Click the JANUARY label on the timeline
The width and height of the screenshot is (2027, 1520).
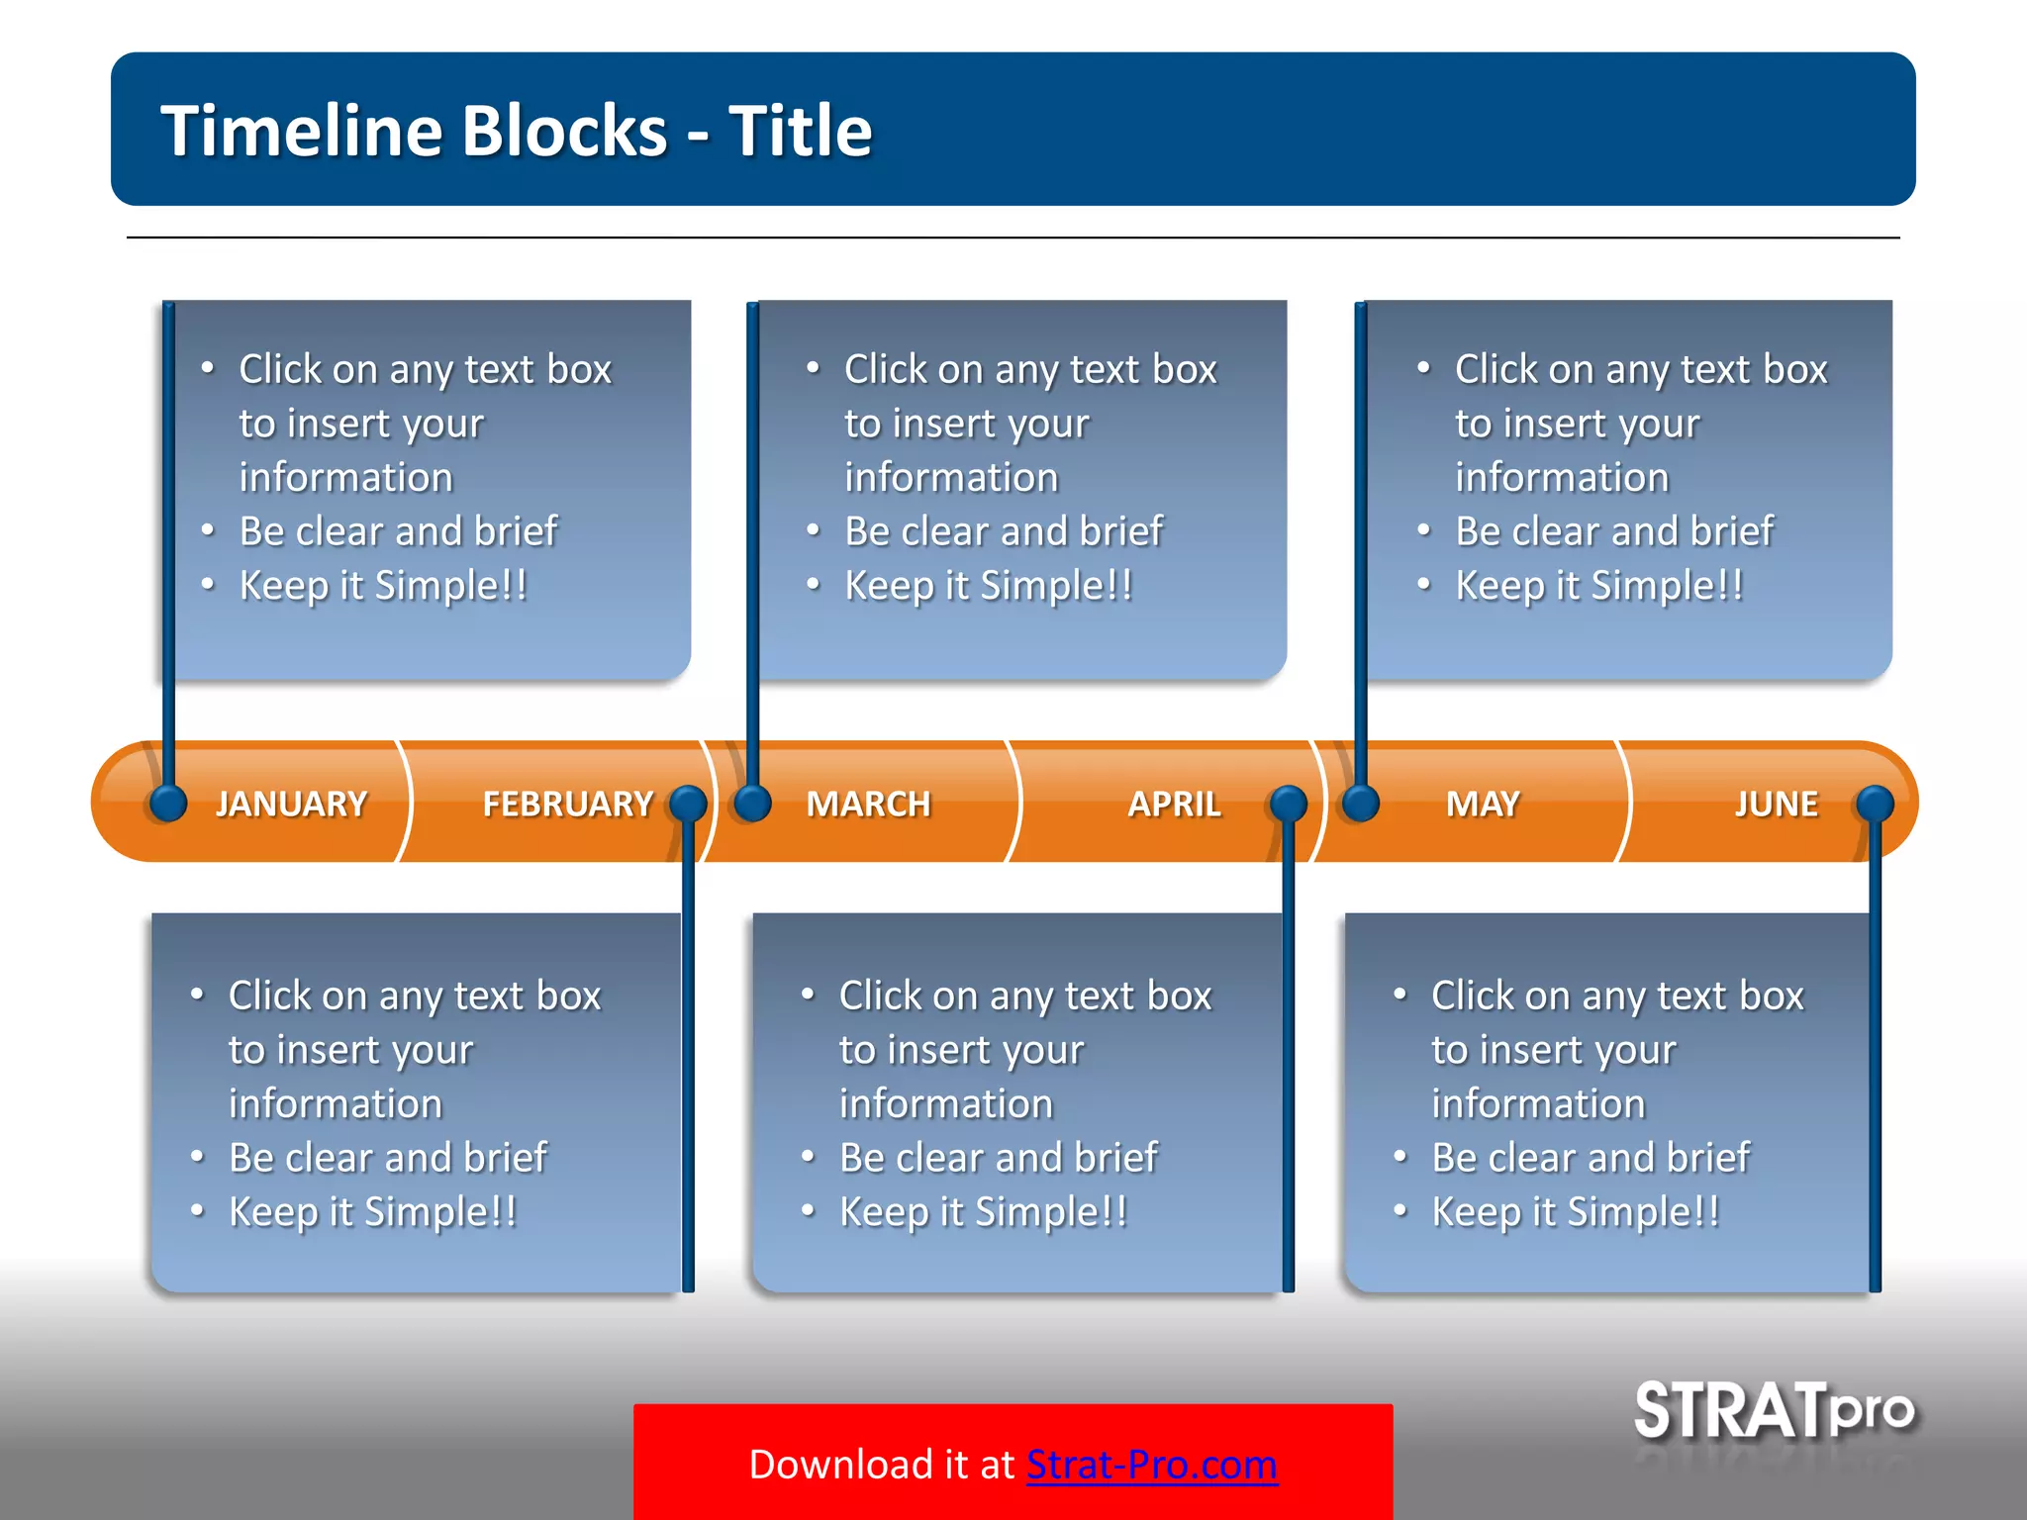(291, 804)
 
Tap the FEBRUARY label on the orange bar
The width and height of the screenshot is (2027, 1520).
(567, 804)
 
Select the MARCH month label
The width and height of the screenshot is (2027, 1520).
(868, 804)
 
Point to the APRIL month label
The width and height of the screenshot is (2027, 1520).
(1174, 804)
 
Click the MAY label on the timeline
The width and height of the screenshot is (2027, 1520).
(1482, 804)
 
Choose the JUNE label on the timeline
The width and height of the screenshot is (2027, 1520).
(1776, 804)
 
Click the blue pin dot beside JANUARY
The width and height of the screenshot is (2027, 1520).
(168, 803)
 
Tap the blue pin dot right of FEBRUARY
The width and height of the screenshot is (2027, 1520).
(688, 804)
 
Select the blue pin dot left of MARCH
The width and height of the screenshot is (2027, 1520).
(753, 803)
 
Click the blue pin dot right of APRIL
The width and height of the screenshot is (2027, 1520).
(1289, 804)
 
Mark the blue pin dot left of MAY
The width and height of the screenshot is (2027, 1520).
(1361, 803)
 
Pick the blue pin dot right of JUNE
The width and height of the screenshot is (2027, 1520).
(1875, 804)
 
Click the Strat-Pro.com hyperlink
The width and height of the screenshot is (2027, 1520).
(1151, 1465)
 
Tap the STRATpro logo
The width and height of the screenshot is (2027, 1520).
(1774, 1411)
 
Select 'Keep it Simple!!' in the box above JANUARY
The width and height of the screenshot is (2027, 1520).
(383, 586)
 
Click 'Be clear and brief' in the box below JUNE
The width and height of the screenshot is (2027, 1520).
(1591, 1158)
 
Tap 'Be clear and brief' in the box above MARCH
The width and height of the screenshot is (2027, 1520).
(1004, 531)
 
